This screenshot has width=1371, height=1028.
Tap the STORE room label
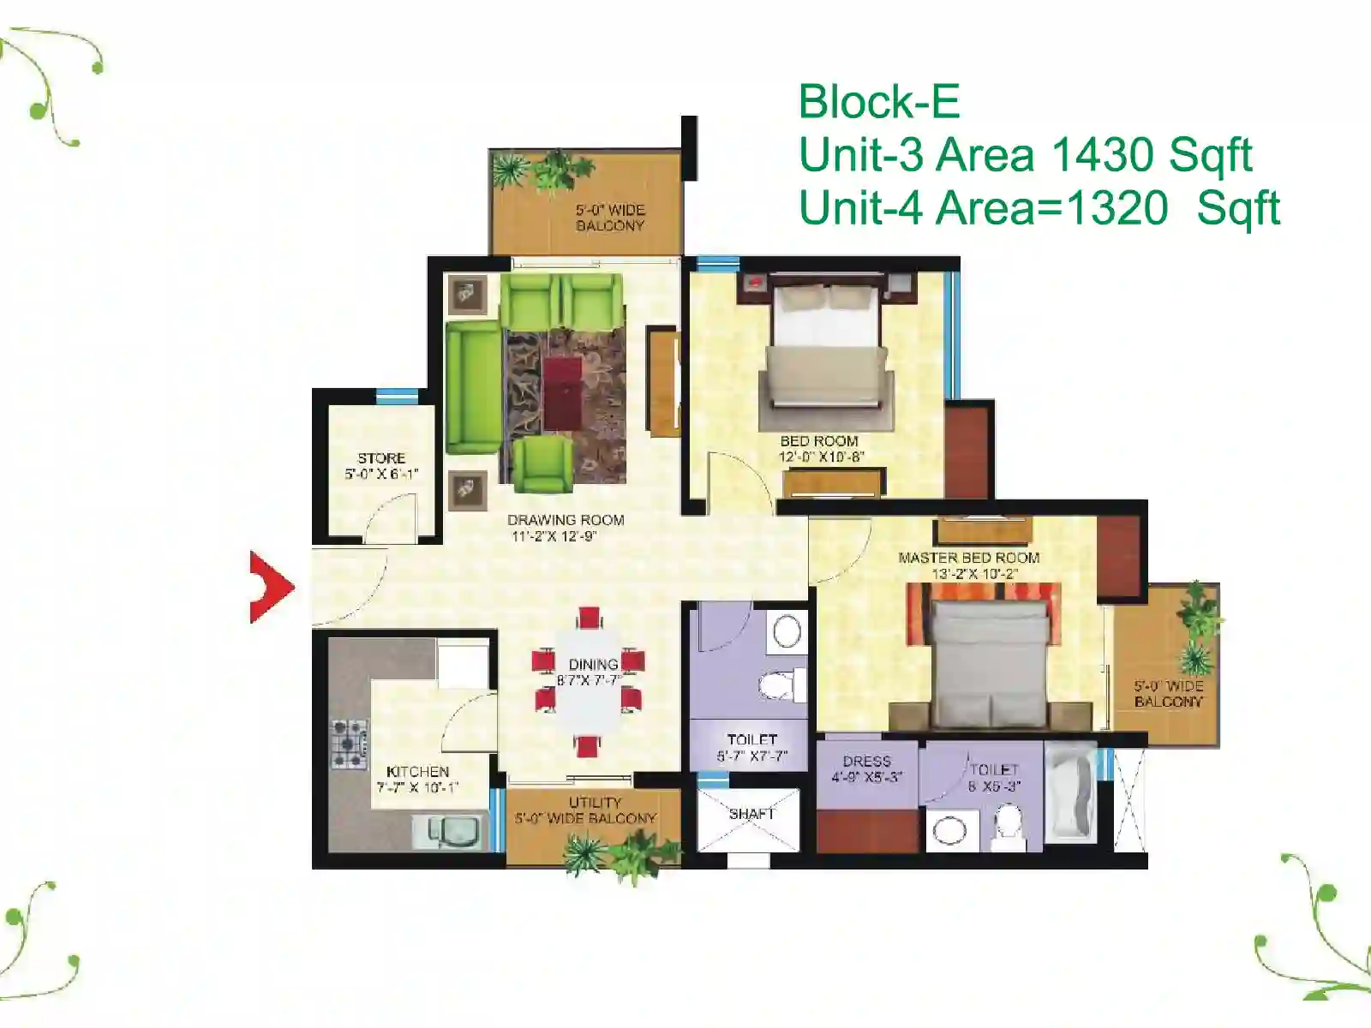381,458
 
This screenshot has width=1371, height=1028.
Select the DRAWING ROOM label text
566,520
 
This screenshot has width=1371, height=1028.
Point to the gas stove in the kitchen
349,744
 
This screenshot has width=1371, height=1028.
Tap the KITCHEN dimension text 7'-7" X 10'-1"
417,787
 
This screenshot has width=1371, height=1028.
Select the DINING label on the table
593,664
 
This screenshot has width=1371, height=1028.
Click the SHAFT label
752,814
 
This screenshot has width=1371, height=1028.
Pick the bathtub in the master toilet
1070,792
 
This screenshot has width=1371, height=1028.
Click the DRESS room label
866,762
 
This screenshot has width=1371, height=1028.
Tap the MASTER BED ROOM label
969,558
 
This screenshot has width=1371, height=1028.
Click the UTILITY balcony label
595,803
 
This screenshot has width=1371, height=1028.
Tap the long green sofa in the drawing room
474,387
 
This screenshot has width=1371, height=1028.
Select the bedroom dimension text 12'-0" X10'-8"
821,457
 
